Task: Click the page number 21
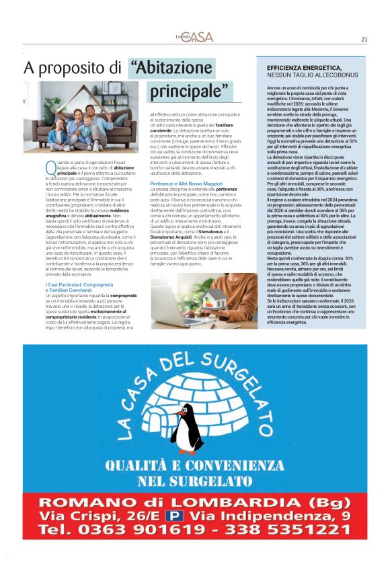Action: click(x=364, y=39)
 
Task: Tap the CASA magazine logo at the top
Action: click(x=195, y=37)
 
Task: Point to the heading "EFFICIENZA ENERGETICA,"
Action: click(x=304, y=69)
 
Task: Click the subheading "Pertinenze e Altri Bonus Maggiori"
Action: click(x=186, y=183)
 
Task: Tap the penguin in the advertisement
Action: click(x=186, y=429)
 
